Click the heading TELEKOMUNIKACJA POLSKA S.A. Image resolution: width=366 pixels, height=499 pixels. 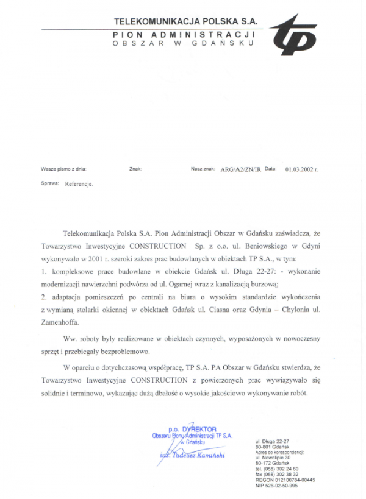(185, 22)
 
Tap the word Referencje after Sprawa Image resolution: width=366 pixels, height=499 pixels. (79, 183)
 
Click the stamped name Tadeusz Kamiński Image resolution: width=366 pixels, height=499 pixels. (196, 455)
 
